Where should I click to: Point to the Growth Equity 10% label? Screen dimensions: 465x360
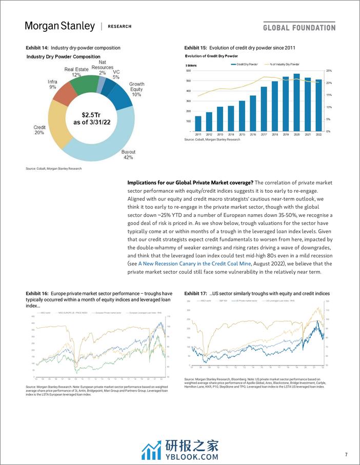(136, 89)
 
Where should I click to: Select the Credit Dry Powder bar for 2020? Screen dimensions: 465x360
(296, 103)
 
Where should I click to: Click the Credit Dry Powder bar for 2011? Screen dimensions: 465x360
(198, 123)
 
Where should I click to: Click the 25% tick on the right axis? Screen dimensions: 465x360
(328, 71)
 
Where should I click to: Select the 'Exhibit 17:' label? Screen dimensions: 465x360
(195, 293)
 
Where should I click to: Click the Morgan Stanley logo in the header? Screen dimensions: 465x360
(60, 26)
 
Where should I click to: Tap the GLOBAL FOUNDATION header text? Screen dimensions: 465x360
(299, 27)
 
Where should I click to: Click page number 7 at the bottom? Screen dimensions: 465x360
(346, 454)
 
